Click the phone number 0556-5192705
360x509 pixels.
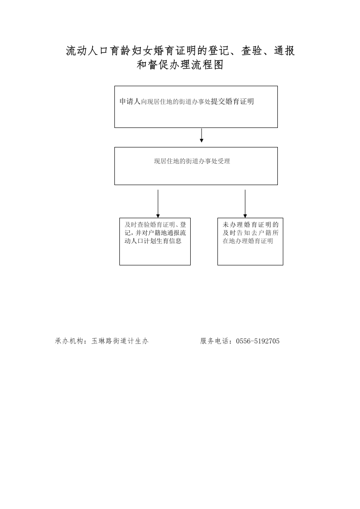tap(258, 341)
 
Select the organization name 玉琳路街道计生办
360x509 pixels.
tap(120, 341)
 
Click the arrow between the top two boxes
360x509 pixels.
tap(202, 135)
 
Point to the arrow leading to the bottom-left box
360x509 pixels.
tap(158, 204)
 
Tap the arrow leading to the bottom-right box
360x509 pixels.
tap(245, 204)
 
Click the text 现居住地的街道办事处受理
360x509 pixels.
tap(192, 161)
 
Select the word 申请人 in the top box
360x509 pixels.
tap(130, 101)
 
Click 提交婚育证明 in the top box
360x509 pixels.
tap(232, 101)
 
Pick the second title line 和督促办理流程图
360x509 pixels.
tap(180, 64)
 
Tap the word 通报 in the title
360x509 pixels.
tap(284, 51)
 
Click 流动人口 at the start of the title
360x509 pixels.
tap(87, 51)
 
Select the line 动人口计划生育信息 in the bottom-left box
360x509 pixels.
tap(153, 241)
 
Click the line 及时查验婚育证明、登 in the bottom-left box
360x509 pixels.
tap(155, 224)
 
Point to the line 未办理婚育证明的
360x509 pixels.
tap(251, 224)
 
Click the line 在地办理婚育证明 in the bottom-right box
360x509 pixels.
tap(248, 241)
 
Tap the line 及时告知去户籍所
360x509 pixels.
tap(251, 233)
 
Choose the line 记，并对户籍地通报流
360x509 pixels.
tap(155, 233)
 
